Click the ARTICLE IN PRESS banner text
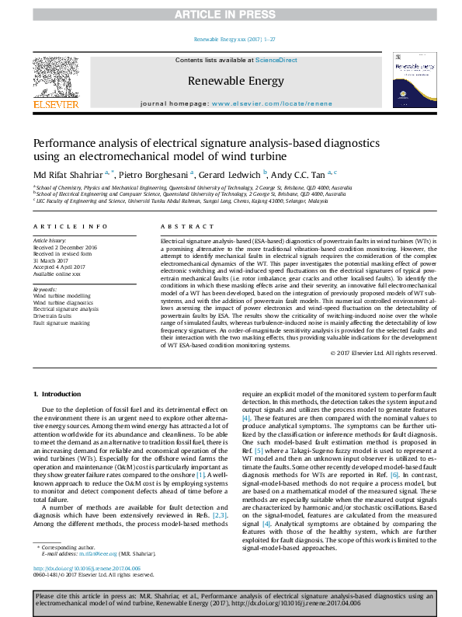point(231,14)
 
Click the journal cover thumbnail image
point(415,82)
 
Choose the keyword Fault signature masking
point(62,323)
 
